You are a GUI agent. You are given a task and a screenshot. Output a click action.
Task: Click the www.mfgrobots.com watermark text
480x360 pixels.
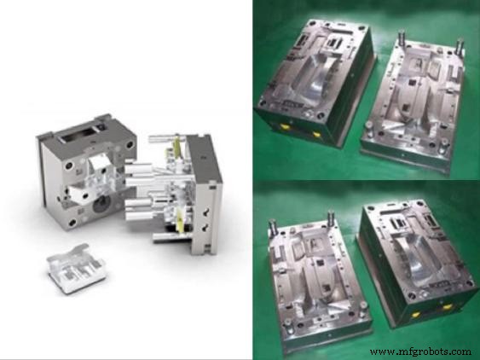tap(420, 351)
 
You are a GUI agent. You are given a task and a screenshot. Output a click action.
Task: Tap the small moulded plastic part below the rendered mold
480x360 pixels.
tap(76, 268)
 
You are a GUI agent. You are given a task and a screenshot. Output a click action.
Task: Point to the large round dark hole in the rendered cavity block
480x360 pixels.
tap(102, 203)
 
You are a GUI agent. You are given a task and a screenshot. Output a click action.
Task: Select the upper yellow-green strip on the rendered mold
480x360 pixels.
tap(176, 147)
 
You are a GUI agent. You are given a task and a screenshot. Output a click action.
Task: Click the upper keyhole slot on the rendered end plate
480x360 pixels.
tap(205, 211)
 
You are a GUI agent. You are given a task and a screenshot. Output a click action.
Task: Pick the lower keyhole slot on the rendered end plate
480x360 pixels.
tap(205, 227)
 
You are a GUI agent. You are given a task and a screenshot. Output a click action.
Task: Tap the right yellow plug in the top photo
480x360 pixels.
tap(316, 134)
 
